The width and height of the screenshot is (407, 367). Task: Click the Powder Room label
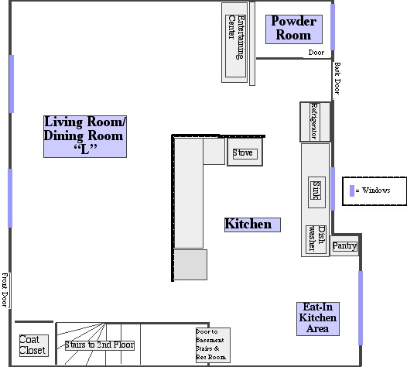(x=294, y=29)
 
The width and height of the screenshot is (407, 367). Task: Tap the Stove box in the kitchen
(x=245, y=152)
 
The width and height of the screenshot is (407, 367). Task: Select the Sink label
(x=316, y=190)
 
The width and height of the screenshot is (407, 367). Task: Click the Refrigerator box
(x=315, y=122)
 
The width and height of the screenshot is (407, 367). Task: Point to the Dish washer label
(x=316, y=238)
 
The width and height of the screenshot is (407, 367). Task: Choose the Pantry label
(x=344, y=245)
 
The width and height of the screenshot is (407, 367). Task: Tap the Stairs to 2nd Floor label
(x=100, y=345)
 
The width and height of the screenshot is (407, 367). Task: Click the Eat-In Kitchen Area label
(x=318, y=319)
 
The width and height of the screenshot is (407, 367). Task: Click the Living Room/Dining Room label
(x=85, y=136)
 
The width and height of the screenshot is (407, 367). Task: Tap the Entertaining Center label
(x=236, y=37)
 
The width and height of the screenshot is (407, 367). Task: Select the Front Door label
(x=5, y=290)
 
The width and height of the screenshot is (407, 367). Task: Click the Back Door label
(x=337, y=78)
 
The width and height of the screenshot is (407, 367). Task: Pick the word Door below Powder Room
(x=316, y=53)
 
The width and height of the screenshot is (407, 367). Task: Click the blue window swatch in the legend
(x=352, y=190)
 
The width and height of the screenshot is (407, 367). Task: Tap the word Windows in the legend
(x=376, y=190)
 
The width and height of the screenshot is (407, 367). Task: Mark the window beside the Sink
(x=333, y=189)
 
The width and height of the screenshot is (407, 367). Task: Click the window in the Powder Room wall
(x=333, y=27)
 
